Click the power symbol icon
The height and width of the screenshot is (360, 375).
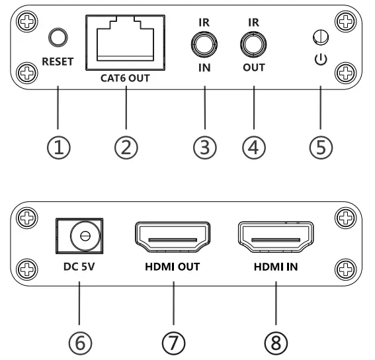point(319,60)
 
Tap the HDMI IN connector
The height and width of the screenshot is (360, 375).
point(276,238)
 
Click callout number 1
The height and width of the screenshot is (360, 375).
point(58,148)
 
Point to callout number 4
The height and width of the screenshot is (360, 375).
point(253,148)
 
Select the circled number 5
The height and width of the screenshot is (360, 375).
point(319,148)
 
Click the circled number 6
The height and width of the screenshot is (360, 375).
point(78,343)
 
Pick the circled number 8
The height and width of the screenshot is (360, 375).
point(276,343)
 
